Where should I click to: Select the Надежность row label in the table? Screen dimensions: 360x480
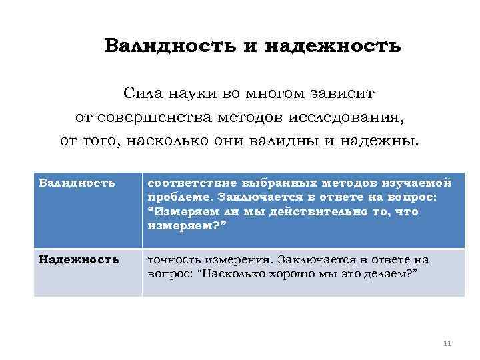coord(79,259)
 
